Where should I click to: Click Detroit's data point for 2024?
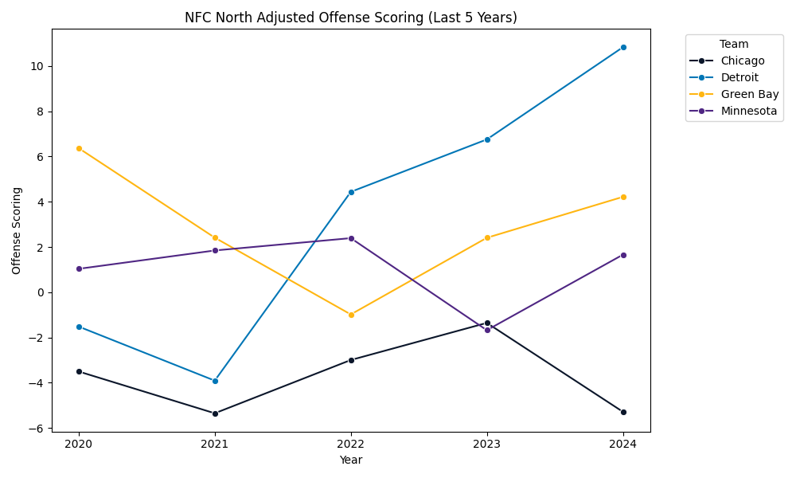tap(623, 47)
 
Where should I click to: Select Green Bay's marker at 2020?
tap(79, 148)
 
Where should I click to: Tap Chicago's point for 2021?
tap(215, 413)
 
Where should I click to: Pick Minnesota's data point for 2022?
tap(351, 238)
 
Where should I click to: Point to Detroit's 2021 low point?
tap(215, 381)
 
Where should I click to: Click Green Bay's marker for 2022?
tap(351, 315)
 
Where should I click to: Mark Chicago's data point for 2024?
tap(623, 412)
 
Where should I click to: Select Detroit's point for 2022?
tap(351, 192)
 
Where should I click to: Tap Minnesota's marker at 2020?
tap(79, 268)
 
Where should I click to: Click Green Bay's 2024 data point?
tap(623, 197)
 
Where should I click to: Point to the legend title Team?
tap(733, 45)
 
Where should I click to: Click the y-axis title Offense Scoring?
tap(17, 230)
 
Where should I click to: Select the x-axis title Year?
tap(351, 460)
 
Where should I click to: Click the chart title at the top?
tap(351, 18)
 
